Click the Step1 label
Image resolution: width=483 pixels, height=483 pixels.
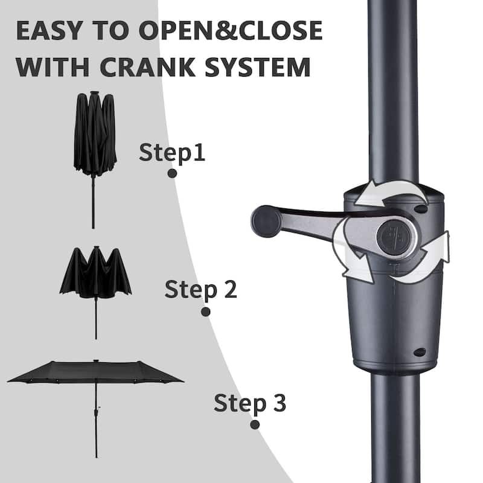(x=172, y=152)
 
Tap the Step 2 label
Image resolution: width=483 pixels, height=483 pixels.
(x=201, y=290)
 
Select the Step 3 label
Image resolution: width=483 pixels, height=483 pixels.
(x=250, y=402)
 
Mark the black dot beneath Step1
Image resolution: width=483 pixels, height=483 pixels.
(x=172, y=173)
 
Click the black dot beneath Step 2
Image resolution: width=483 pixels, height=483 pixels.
(x=205, y=312)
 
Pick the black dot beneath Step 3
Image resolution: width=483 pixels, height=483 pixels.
(x=255, y=424)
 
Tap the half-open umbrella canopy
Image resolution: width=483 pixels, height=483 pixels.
(x=95, y=275)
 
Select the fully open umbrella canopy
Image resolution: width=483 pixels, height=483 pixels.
(x=95, y=372)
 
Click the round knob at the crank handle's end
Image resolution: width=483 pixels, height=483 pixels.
(x=266, y=217)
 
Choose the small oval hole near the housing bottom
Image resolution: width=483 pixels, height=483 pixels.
(x=420, y=352)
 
